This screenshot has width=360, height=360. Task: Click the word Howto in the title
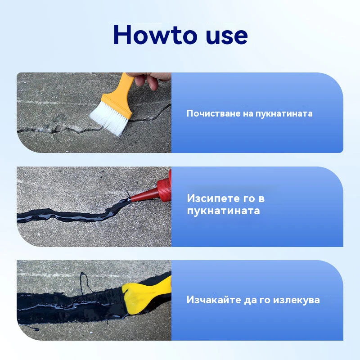click(155, 35)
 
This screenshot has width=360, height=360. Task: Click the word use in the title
click(227, 36)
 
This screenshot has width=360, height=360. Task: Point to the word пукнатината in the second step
click(223, 211)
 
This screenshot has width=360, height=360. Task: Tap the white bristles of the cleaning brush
click(108, 119)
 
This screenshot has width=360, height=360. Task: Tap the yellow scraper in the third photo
click(147, 296)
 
